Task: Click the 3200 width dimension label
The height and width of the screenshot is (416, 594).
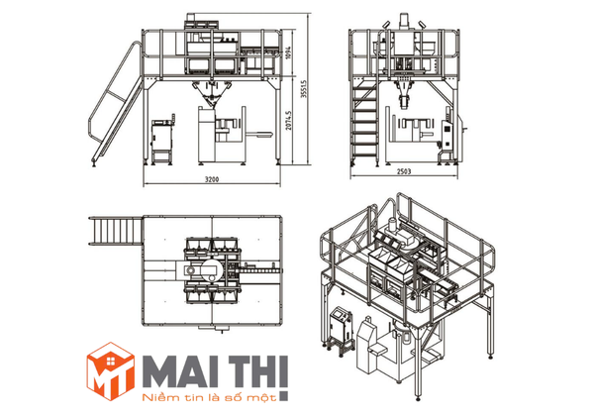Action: click(212, 179)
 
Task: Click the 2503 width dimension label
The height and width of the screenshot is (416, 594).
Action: click(404, 171)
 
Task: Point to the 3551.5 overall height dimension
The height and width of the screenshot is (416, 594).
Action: click(304, 89)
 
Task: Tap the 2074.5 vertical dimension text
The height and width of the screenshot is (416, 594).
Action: click(289, 121)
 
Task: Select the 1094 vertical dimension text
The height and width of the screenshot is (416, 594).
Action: click(288, 52)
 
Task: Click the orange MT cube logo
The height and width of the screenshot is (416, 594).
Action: click(110, 371)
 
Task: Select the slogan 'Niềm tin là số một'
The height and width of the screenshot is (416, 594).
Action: click(208, 397)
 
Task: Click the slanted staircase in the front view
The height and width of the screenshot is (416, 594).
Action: click(116, 104)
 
